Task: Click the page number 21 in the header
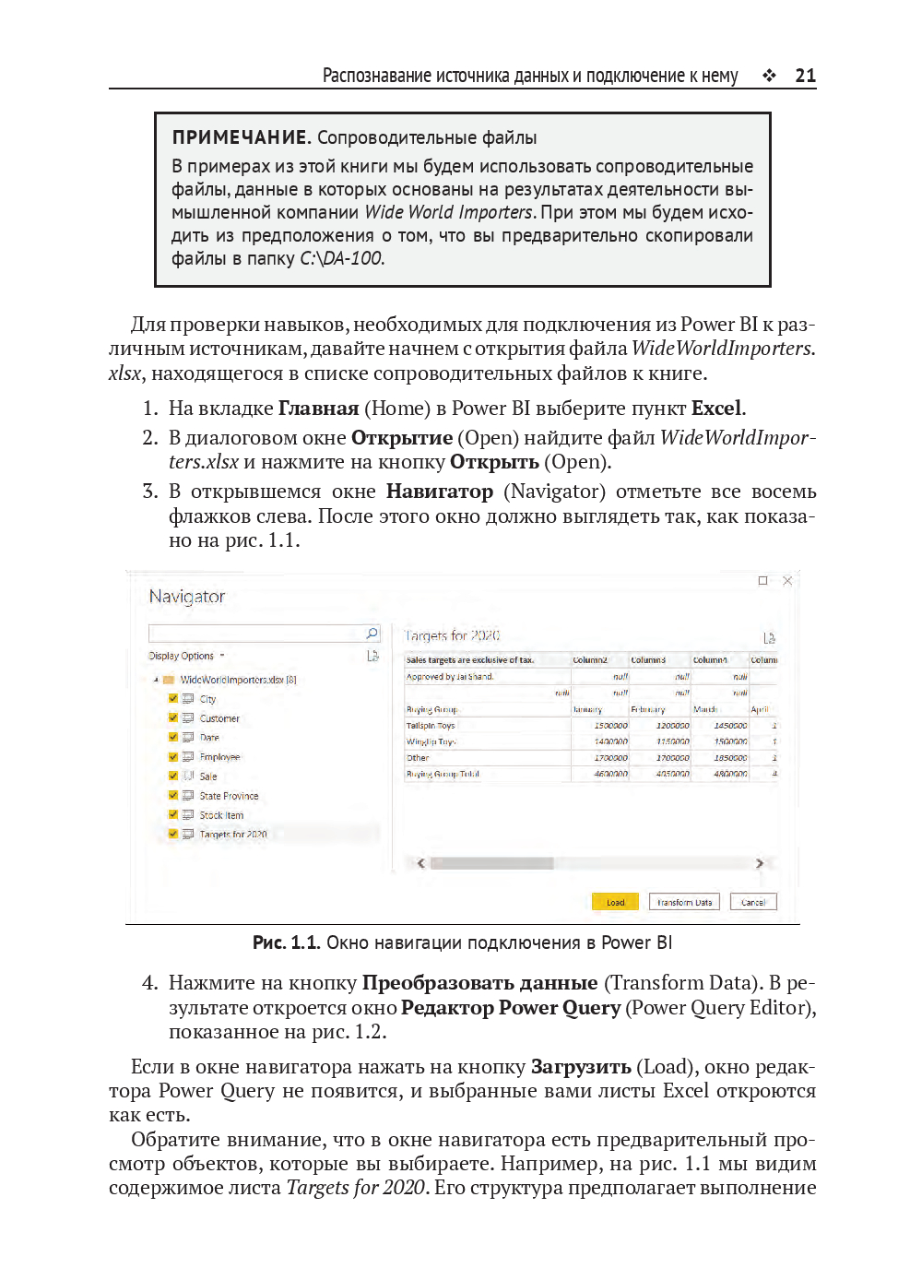click(805, 76)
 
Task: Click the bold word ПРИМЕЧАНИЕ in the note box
click(240, 137)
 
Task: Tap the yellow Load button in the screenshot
click(615, 902)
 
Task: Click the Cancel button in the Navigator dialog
click(753, 902)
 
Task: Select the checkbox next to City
click(173, 698)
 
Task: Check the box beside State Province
click(173, 795)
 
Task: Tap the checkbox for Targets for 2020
click(173, 834)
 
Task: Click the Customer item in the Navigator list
click(219, 718)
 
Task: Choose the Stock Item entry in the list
click(221, 815)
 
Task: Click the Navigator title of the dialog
click(187, 597)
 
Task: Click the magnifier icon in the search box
click(372, 633)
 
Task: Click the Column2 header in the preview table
click(590, 660)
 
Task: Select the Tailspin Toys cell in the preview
click(431, 726)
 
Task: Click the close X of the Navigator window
click(787, 580)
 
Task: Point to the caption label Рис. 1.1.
click(286, 942)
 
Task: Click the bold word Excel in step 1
click(716, 409)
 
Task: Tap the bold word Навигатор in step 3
click(439, 492)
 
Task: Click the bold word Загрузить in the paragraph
click(581, 1067)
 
